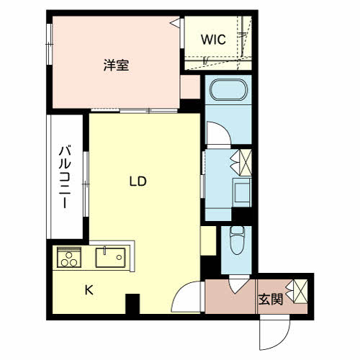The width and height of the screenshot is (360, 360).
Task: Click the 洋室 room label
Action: [x=116, y=66]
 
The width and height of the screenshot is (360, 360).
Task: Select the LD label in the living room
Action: [x=138, y=181]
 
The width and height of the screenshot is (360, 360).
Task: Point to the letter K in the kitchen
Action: [x=89, y=290]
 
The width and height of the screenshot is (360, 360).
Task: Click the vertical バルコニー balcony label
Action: [x=65, y=176]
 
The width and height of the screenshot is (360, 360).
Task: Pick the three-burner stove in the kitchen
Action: [x=69, y=258]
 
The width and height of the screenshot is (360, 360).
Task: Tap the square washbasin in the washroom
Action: [x=241, y=192]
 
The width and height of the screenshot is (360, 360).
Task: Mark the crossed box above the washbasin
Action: [x=241, y=161]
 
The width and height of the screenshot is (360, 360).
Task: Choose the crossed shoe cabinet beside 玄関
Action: [x=299, y=292]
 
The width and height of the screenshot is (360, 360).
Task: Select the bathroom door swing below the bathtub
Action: [x=215, y=134]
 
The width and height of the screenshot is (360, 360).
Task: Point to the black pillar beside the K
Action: [x=132, y=305]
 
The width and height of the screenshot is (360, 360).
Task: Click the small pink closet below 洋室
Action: [x=190, y=88]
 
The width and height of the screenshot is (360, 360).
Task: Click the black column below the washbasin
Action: [x=243, y=215]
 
